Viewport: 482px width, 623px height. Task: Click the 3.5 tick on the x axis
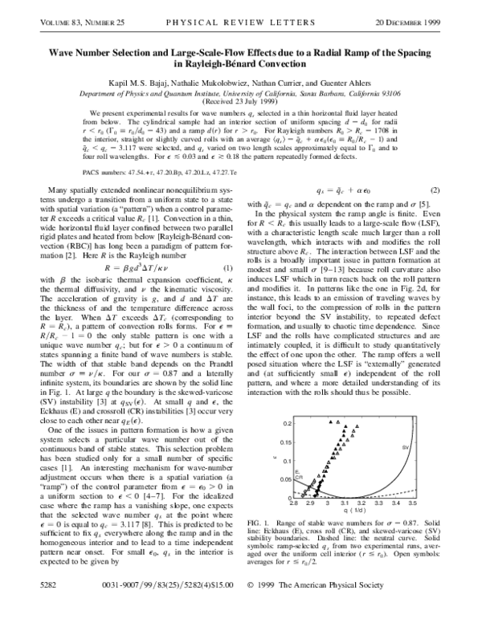pyautogui.click(x=425, y=507)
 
